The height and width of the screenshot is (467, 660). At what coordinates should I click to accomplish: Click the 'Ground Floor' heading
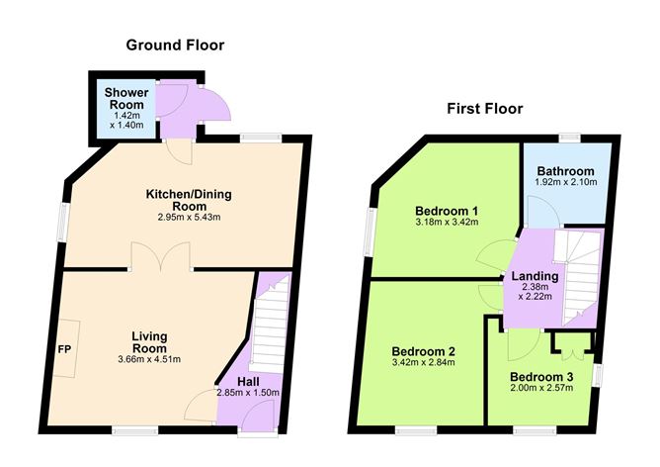[x=175, y=45]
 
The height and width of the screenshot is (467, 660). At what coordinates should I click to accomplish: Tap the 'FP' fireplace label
[x=64, y=350]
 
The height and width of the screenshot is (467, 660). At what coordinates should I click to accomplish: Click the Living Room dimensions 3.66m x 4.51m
[x=157, y=359]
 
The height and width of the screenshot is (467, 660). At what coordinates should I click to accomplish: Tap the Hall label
[x=250, y=381]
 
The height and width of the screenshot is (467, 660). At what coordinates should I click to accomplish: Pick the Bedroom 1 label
[x=447, y=211]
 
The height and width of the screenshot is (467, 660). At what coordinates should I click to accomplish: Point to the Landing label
[x=535, y=277]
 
